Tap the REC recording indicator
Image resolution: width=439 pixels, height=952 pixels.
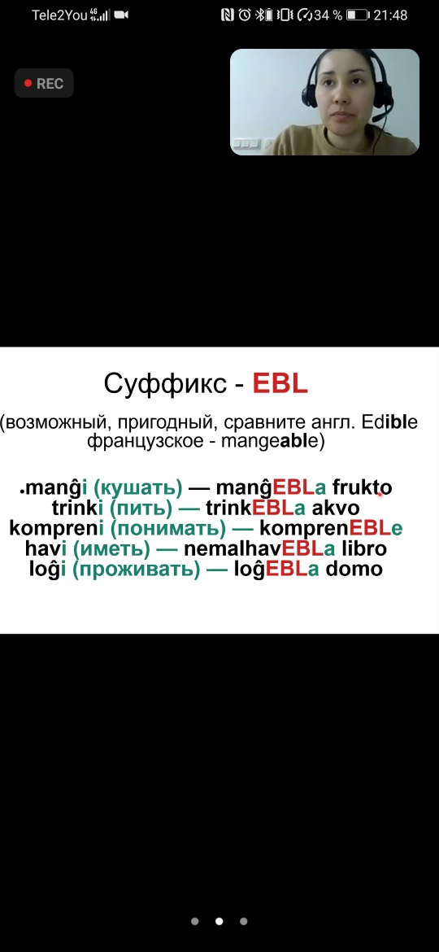(x=44, y=84)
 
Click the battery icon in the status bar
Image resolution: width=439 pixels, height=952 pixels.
(x=357, y=15)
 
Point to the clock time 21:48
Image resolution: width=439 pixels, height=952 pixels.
(x=390, y=15)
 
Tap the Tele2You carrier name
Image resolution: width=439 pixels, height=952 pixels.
(x=59, y=15)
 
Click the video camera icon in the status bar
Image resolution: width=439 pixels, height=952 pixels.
(x=121, y=15)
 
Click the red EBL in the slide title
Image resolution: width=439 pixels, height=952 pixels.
(x=280, y=384)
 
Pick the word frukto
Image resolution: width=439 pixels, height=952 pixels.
(x=362, y=487)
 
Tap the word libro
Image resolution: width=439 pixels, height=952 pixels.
(x=364, y=548)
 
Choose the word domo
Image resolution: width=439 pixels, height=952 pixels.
(x=354, y=569)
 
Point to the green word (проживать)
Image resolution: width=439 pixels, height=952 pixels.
(x=136, y=570)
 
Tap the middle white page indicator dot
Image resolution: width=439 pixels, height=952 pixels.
(x=219, y=921)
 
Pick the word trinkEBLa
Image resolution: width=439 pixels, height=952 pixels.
(x=255, y=508)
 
